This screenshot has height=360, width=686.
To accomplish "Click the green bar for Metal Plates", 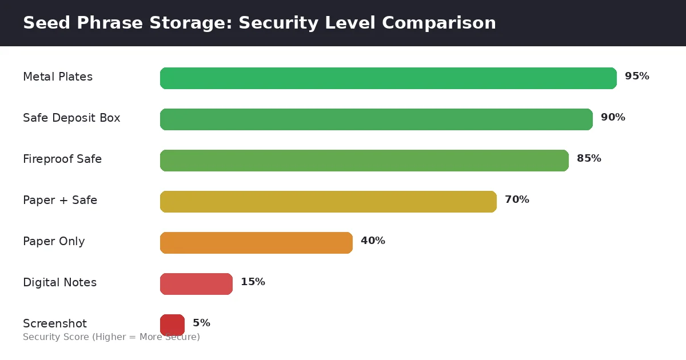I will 388,78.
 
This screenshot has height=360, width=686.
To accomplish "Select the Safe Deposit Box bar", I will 376,119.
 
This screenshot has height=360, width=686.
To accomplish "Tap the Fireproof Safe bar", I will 364,161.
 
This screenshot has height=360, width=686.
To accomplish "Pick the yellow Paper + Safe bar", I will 328,202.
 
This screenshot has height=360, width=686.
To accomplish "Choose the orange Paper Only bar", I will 256,243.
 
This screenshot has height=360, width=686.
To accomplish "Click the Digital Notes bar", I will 196,284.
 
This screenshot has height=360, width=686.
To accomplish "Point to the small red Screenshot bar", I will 172,325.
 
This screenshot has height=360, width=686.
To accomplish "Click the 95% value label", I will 637,77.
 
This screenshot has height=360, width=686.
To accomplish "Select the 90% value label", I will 613,118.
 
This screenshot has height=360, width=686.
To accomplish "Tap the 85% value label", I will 589,159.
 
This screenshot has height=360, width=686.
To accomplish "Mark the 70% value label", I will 517,200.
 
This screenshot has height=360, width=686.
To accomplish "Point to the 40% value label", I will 373,241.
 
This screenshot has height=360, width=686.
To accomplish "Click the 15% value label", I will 253,282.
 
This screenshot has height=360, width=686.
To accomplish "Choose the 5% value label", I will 201,323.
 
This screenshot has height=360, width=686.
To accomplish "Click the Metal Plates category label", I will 58,77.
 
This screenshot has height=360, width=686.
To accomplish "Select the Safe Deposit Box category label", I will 71,118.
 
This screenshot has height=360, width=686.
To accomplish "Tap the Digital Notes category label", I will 59,283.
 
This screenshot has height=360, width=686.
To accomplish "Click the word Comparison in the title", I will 439,23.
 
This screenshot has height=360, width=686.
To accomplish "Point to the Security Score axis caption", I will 111,337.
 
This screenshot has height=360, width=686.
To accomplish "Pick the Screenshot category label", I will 55,324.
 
